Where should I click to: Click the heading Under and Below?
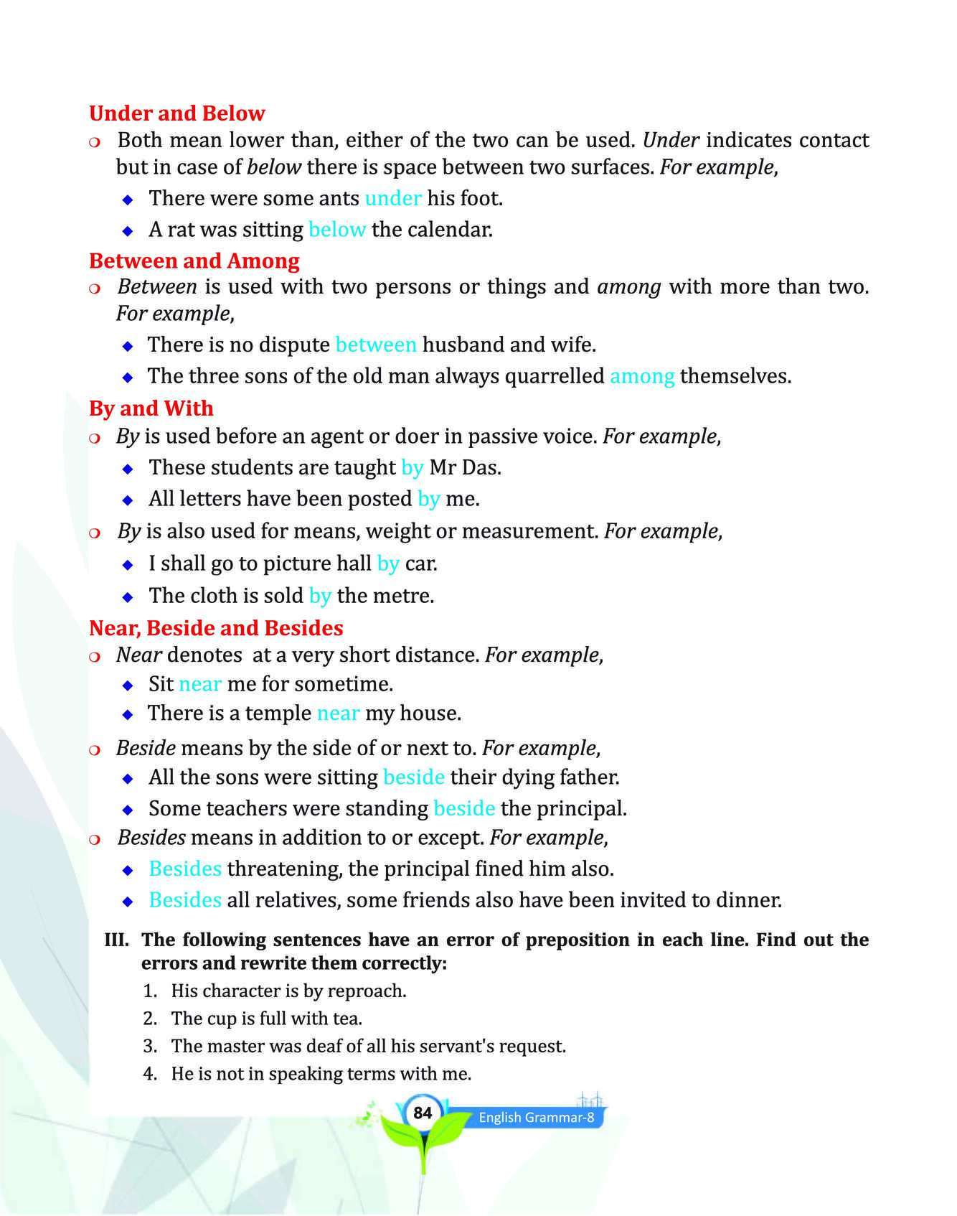pos(176,113)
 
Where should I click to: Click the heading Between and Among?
pos(194,261)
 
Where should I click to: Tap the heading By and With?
pos(151,408)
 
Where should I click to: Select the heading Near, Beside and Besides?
pos(216,628)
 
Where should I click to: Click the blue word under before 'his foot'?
pos(392,198)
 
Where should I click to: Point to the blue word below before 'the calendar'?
pos(336,230)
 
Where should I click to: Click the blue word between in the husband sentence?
pos(375,345)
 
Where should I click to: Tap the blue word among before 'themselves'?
pos(641,376)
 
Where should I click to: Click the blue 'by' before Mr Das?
pos(412,468)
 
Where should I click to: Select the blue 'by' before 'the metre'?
pos(320,596)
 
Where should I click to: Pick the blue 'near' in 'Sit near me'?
pos(200,684)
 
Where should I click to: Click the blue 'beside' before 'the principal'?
pos(464,809)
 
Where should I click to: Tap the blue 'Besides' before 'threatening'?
pos(185,869)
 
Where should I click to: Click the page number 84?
pos(423,1113)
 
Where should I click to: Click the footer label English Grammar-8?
pos(536,1118)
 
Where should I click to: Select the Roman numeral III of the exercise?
pos(116,940)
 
